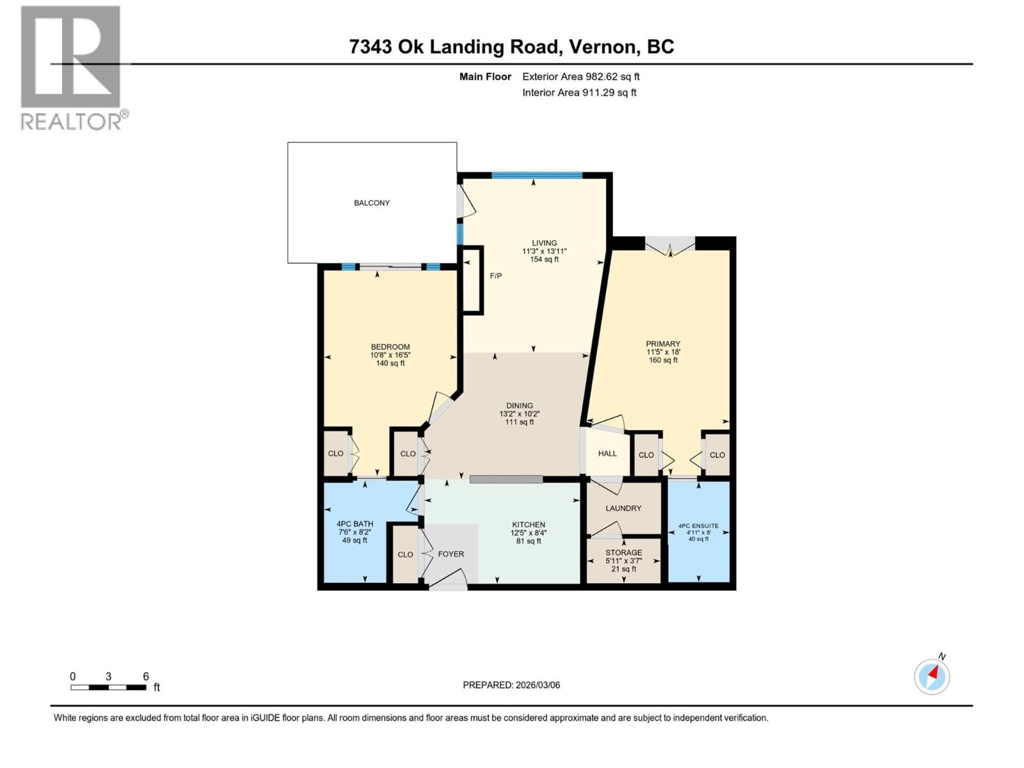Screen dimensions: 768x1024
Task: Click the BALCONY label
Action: pos(372,203)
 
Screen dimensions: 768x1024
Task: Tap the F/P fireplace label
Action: pos(496,276)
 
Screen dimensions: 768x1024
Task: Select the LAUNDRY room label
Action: pos(623,508)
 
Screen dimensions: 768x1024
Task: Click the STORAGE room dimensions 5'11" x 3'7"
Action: pos(623,561)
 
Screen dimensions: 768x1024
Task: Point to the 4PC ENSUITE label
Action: pos(698,526)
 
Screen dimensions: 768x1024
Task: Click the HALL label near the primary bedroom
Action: pos(607,454)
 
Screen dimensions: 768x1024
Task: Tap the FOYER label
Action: pos(451,554)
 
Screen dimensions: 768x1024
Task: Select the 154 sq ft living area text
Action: pos(544,259)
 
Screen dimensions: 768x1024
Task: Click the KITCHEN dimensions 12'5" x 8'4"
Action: pos(528,532)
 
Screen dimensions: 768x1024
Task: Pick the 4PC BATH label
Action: pos(355,524)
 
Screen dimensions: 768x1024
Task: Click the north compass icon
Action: pos(932,676)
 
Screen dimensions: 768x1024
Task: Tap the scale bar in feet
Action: pos(109,687)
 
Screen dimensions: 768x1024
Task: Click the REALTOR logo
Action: pos(72,67)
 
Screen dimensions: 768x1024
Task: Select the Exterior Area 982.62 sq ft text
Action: pos(580,77)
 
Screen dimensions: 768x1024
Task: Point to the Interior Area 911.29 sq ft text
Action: pos(579,93)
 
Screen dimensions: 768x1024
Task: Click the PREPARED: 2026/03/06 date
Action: pos(511,685)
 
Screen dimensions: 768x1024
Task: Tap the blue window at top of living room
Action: pos(536,175)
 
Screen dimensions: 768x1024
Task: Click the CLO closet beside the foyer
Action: pos(405,554)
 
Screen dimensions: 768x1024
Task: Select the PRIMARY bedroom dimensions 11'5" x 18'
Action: pos(663,352)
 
